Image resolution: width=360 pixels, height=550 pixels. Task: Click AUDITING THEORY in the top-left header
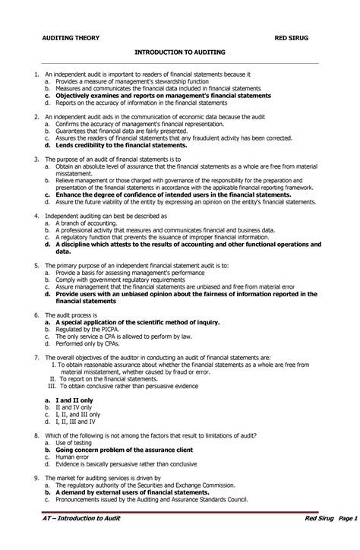pos(66,37)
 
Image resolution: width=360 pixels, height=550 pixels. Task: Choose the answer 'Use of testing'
pos(74,442)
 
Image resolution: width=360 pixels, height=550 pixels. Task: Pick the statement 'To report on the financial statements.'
pos(110,379)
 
